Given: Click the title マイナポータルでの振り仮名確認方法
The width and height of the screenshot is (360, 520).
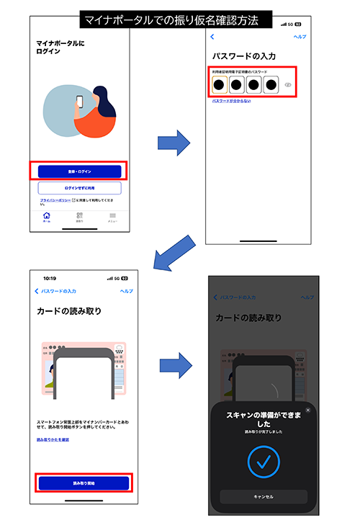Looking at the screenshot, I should coord(177,19).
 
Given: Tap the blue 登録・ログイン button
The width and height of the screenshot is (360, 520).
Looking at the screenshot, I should coord(79,171).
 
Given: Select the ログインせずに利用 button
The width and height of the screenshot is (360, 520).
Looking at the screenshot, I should coord(79,188).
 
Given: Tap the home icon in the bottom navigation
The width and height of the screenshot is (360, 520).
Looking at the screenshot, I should coord(47,217).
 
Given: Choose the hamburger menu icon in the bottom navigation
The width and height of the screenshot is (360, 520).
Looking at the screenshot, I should coord(113,217).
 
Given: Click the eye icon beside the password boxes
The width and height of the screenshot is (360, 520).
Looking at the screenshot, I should coord(288,85).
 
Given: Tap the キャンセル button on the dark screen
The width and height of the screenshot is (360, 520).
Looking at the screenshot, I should coord(264,496).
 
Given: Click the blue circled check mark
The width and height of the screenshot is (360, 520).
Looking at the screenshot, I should coord(264,461).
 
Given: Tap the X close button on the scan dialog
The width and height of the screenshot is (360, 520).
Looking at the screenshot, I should coord(308,410).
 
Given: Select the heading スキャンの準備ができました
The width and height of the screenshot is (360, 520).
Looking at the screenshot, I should coord(264,420).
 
